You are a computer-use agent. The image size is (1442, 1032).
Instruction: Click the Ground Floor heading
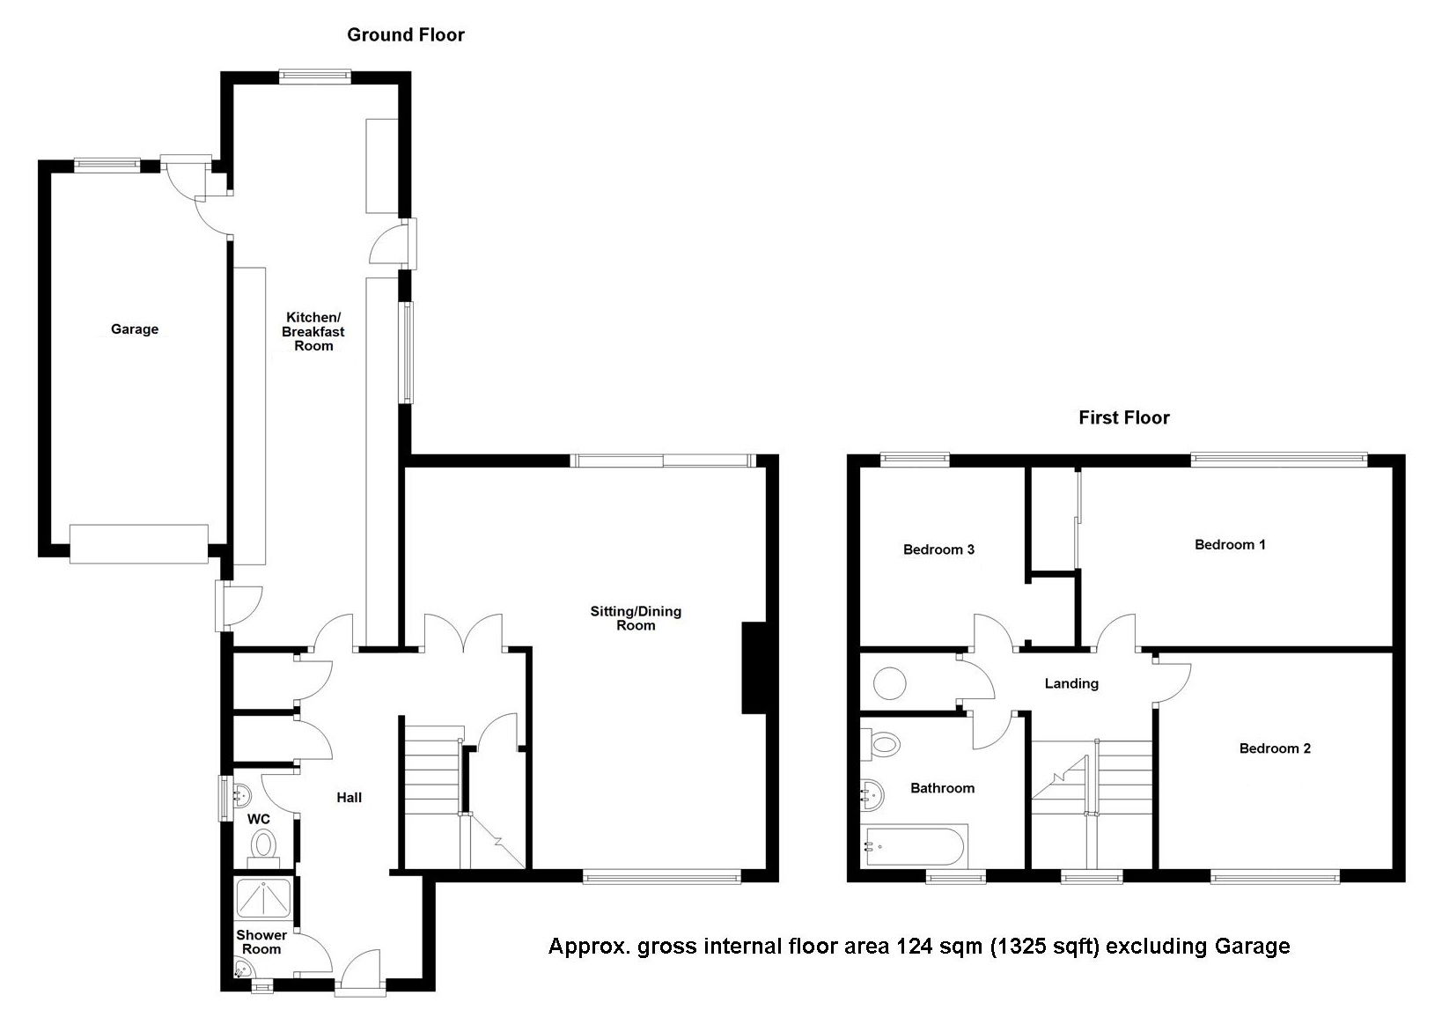point(405,35)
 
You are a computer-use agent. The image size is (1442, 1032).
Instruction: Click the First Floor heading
point(1123,417)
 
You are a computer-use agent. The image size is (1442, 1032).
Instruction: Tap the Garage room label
point(135,329)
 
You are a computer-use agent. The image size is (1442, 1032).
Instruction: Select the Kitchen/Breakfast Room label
point(313,331)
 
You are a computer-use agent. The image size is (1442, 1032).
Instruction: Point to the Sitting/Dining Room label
point(636,618)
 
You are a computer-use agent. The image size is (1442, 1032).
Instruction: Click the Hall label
point(349,798)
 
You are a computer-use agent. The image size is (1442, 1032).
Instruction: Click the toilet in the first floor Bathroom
point(883,745)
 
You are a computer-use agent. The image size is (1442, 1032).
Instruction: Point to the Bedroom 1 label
point(1230,544)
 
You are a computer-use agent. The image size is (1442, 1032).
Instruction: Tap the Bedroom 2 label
point(1274,748)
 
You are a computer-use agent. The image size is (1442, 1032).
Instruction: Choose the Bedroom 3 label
point(938,549)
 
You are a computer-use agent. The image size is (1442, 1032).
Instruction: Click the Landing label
point(1071,683)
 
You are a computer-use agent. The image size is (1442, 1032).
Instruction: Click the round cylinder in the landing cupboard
point(890,682)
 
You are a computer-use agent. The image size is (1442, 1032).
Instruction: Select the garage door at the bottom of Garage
point(139,544)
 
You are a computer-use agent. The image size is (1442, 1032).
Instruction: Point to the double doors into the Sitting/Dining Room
point(464,634)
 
